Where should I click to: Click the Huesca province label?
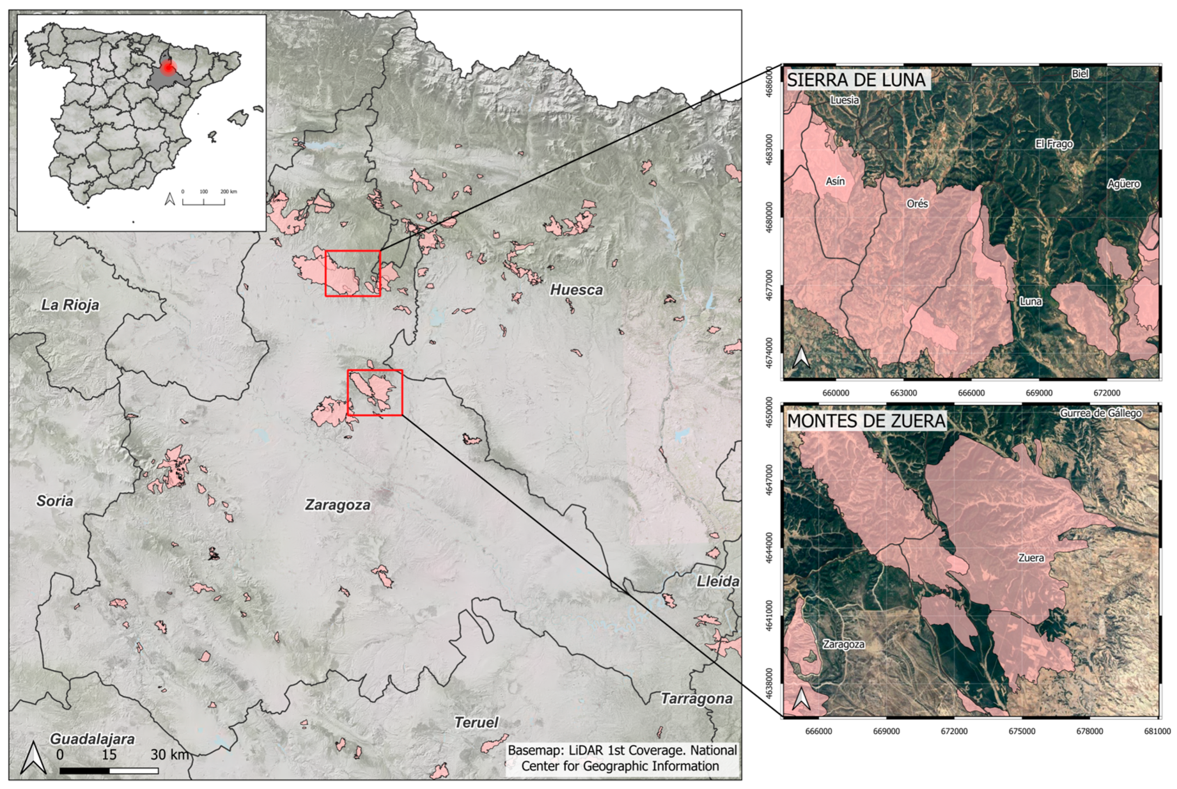(x=576, y=290)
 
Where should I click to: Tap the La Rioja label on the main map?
(x=70, y=305)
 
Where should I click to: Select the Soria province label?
(x=54, y=501)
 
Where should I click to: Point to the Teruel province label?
(x=476, y=723)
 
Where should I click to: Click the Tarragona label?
(x=696, y=699)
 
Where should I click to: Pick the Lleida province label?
(x=718, y=582)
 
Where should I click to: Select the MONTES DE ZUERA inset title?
(x=866, y=421)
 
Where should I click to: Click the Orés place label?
(x=917, y=204)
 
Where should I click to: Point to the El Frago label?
(x=1054, y=144)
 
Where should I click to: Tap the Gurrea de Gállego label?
(x=1100, y=413)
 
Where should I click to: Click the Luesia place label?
(x=844, y=100)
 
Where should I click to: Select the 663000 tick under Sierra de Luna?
(x=903, y=393)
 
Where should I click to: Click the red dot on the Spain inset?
(x=168, y=67)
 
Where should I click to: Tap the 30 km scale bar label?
(x=170, y=754)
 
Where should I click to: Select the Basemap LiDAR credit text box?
(x=622, y=758)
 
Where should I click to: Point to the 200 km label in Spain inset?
(x=229, y=192)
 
